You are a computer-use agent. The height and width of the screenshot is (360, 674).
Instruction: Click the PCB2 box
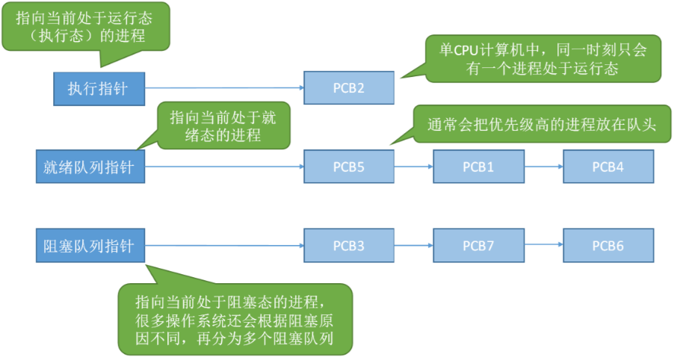click(x=348, y=89)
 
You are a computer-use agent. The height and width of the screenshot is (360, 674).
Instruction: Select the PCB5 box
click(x=348, y=167)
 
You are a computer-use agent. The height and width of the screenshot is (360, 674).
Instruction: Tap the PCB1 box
click(x=478, y=167)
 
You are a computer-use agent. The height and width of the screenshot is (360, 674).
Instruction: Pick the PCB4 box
click(x=608, y=167)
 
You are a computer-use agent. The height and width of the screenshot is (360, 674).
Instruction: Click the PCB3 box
click(x=348, y=245)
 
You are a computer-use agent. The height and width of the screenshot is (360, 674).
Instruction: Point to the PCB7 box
click(x=478, y=245)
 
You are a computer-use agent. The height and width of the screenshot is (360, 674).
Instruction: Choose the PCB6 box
click(x=608, y=245)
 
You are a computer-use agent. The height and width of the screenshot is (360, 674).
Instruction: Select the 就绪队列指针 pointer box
click(x=89, y=167)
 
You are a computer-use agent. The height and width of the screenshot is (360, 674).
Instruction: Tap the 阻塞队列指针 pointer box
click(x=89, y=245)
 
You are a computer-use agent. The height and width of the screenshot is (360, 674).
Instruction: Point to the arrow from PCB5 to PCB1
click(x=413, y=167)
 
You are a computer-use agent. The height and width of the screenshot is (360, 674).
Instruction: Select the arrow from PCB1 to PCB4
click(x=543, y=167)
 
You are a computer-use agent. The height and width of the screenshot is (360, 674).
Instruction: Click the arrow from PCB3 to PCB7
click(x=413, y=245)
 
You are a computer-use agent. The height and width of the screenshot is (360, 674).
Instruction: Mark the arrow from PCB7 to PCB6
click(x=543, y=245)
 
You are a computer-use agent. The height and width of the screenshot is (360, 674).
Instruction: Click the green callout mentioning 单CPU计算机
click(x=544, y=58)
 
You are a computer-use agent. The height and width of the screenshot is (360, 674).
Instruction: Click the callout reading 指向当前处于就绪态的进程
click(x=223, y=125)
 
